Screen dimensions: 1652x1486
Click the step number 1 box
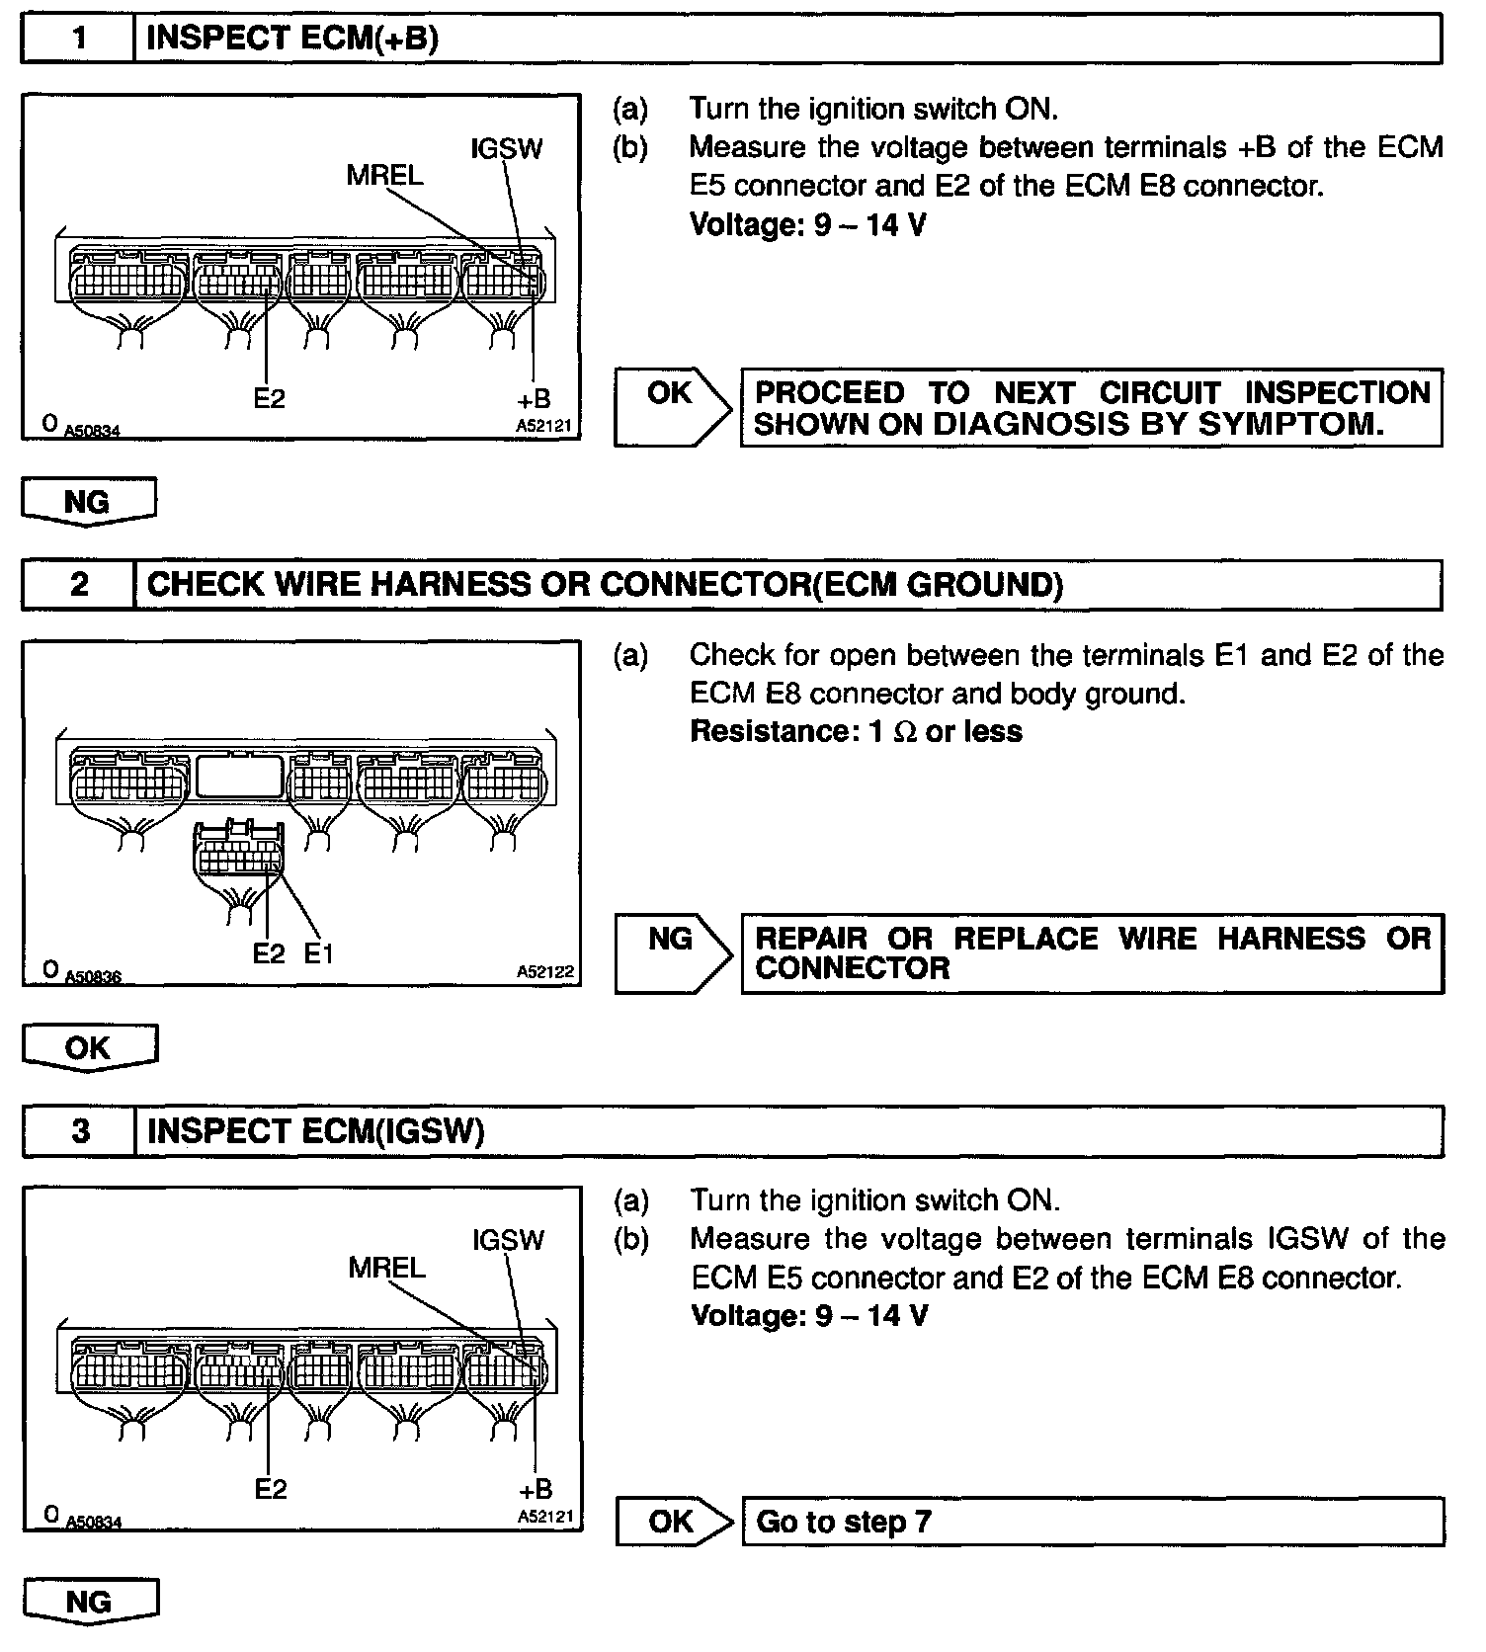click(x=78, y=39)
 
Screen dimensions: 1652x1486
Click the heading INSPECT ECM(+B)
click(x=292, y=39)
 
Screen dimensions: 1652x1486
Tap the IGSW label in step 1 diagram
click(x=507, y=149)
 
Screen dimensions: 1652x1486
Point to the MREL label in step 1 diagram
click(x=384, y=176)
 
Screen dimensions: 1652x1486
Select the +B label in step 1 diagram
click(x=534, y=399)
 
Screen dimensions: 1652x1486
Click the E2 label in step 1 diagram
click(x=269, y=398)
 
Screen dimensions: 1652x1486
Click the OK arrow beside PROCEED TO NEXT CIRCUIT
click(x=672, y=406)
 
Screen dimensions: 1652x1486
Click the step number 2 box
click(x=79, y=585)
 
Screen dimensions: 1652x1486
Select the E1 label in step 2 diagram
click(x=318, y=953)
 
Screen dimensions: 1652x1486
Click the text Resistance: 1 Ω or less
click(x=856, y=732)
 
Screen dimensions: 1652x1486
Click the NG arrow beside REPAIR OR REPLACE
click(x=673, y=952)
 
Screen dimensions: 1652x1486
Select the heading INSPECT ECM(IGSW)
click(x=315, y=1131)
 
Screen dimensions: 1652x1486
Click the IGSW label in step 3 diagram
click(x=508, y=1240)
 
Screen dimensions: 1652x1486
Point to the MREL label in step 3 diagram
click(x=386, y=1268)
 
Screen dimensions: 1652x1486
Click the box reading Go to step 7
click(x=1092, y=1522)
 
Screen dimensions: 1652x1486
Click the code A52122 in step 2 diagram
click(x=544, y=972)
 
